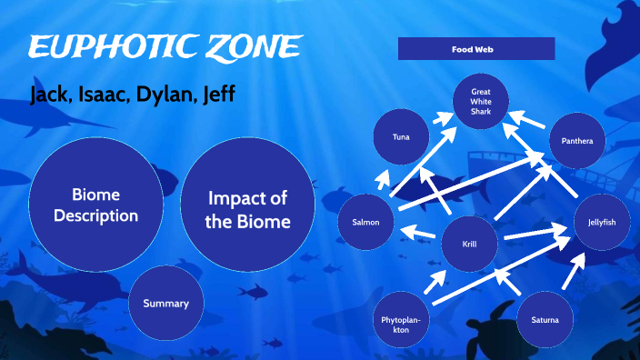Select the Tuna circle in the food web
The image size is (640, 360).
401,137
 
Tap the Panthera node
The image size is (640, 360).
577,141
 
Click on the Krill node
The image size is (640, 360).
468,244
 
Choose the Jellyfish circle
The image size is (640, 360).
602,222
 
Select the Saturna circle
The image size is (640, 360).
545,321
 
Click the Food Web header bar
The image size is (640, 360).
476,48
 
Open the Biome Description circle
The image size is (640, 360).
95,205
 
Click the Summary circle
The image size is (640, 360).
165,303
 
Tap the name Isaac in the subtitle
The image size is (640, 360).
107,95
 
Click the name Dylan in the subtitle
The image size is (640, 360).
167,95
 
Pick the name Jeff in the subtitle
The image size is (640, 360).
220,95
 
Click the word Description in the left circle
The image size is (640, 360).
95,215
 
